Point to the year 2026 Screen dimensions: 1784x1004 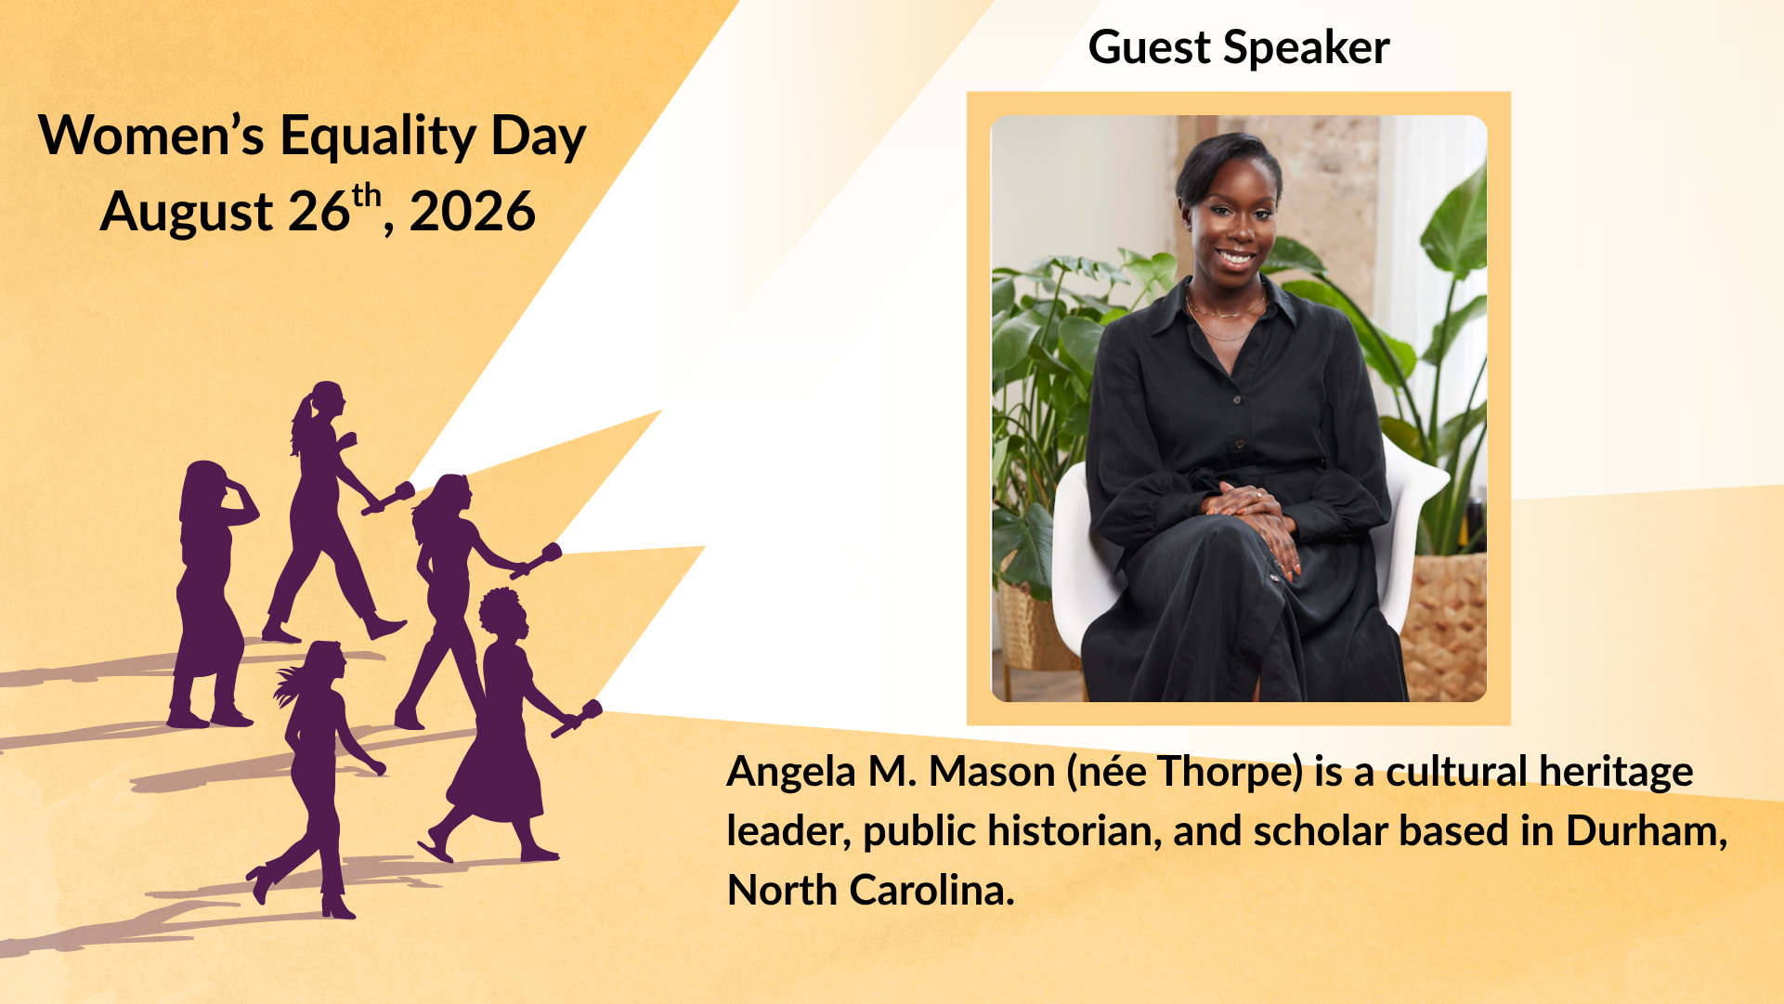472,212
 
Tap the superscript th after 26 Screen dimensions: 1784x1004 367,196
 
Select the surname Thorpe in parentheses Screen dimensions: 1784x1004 1231,772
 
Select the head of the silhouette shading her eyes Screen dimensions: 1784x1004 205,485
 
